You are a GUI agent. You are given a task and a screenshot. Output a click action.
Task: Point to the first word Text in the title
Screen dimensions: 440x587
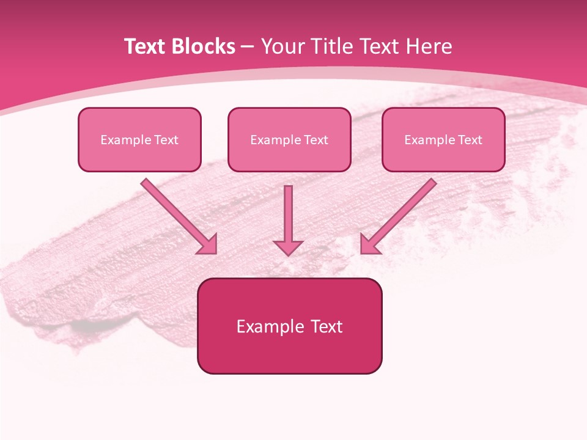click(147, 46)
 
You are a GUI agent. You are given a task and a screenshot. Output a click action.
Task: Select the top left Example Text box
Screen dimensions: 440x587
click(139, 139)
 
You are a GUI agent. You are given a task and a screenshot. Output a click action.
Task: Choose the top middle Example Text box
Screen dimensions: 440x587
click(289, 139)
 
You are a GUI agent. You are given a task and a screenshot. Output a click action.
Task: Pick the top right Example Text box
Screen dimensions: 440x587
click(443, 139)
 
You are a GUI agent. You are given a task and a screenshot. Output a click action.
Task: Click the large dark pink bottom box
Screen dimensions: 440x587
click(289, 326)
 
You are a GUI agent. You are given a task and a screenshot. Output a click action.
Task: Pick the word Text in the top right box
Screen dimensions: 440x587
click(470, 140)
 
